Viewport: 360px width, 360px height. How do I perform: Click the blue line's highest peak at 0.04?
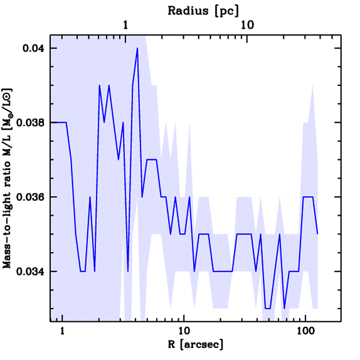tap(137, 48)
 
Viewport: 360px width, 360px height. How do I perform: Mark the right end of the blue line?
tap(317, 234)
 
